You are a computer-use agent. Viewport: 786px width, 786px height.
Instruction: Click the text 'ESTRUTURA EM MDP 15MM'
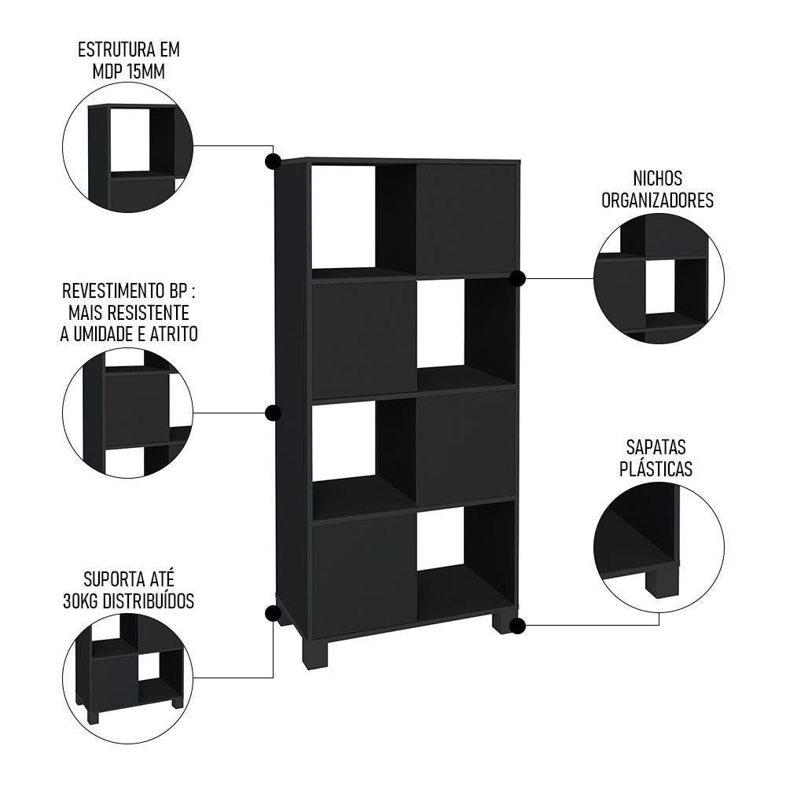pos(129,61)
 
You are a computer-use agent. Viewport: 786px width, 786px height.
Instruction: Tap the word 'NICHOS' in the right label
pos(657,179)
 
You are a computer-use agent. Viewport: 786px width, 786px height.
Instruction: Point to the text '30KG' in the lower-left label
pos(81,602)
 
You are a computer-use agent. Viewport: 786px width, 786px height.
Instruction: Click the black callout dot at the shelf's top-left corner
pos(273,162)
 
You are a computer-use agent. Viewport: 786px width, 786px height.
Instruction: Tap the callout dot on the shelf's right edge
pos(517,278)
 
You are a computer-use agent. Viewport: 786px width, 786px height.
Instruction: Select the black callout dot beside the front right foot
pos(517,626)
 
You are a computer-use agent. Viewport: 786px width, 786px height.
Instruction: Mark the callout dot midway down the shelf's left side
pos(273,413)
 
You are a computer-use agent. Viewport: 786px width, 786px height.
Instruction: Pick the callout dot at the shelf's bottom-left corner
pos(273,613)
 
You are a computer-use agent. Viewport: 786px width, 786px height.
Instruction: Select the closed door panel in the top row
pos(465,219)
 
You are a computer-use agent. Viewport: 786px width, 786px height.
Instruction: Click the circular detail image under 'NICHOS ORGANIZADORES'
pos(658,280)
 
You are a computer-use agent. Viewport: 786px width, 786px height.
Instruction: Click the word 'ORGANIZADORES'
pos(657,200)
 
